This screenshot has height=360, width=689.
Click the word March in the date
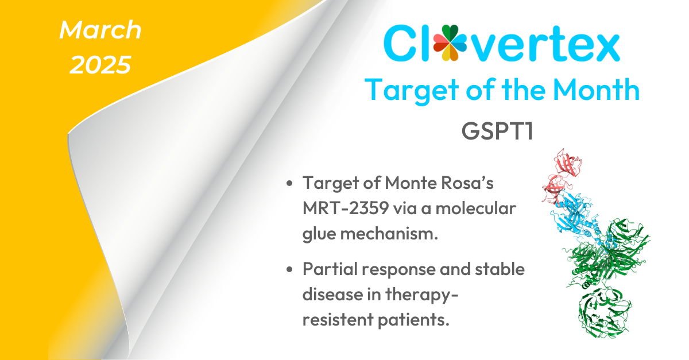pos(100,30)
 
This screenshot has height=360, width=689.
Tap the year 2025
pos(100,65)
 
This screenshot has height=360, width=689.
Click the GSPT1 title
pos(498,130)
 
